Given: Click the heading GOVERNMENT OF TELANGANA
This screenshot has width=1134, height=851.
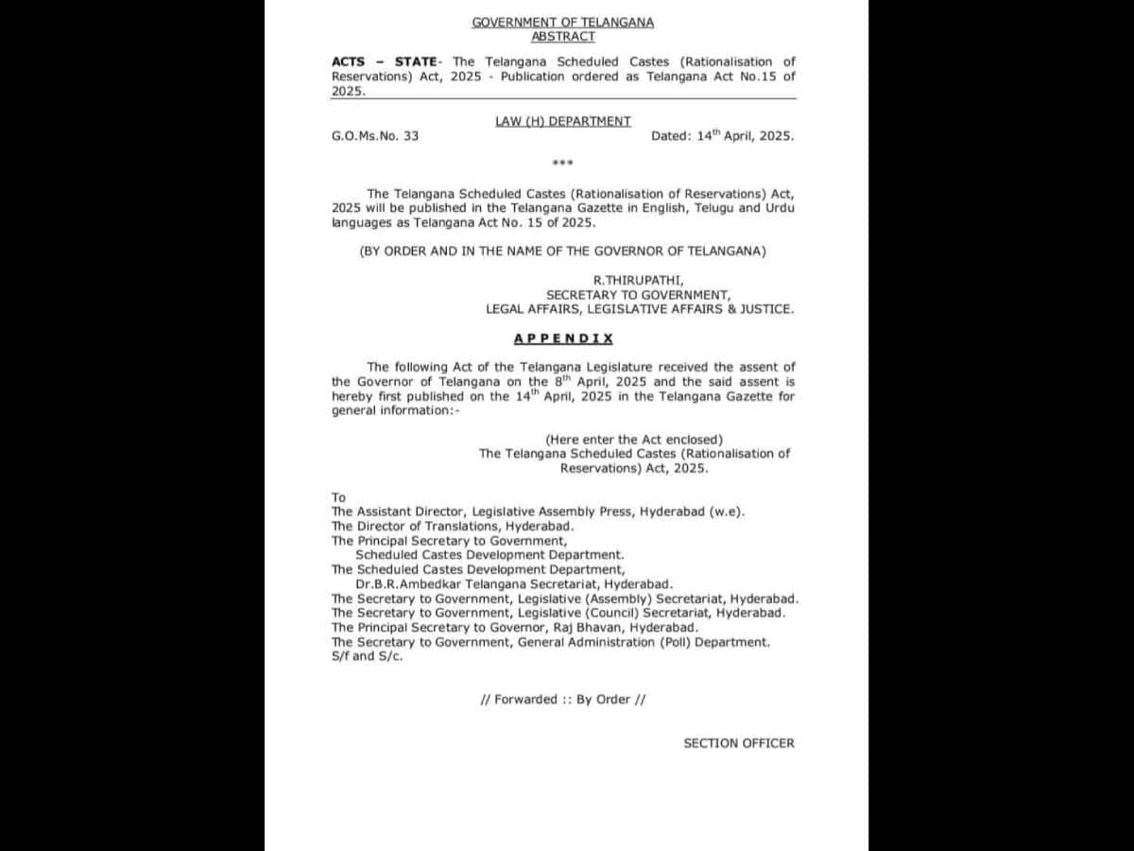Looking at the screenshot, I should [x=562, y=22].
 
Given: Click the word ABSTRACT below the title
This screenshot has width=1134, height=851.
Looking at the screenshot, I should [x=562, y=36].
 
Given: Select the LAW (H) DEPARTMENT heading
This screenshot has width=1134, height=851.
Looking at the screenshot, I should [x=562, y=121].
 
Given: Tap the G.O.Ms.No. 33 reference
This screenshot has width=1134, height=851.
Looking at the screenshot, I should [x=375, y=136].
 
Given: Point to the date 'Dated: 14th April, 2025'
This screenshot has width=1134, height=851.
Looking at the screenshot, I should [x=722, y=136].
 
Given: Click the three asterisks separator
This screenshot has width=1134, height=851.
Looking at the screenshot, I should [x=562, y=164].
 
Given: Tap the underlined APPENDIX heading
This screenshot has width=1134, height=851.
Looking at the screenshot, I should [x=563, y=338].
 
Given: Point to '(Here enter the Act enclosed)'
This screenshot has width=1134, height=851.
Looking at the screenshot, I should [x=633, y=439].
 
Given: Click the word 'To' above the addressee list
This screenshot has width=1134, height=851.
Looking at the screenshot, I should [x=338, y=497].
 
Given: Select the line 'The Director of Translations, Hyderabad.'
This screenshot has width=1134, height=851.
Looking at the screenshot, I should [x=453, y=526].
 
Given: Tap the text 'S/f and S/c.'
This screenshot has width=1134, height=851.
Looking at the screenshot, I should [x=367, y=656].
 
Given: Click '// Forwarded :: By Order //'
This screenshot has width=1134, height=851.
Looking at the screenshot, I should [x=562, y=700].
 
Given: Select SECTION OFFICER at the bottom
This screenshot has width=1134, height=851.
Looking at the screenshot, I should [x=739, y=743].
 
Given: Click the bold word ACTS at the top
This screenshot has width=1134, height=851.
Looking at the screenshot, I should [x=348, y=61].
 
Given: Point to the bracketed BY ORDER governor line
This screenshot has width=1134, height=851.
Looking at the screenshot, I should [x=562, y=252].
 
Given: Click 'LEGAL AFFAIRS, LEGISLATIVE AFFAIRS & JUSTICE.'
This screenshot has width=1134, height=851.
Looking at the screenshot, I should [x=640, y=308].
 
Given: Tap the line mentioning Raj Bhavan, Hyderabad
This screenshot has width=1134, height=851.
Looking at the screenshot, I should [x=515, y=627].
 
